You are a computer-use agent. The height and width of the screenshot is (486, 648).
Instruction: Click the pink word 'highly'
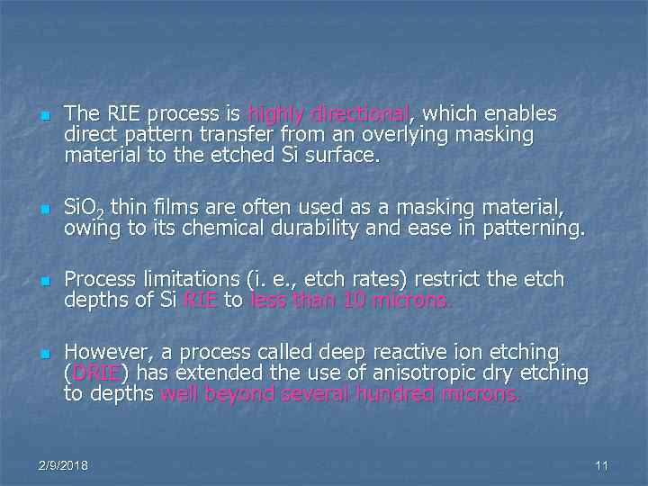coord(275,114)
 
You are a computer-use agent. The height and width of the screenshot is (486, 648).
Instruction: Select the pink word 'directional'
coord(359,114)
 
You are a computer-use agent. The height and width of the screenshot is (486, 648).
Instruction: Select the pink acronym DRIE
coord(94,373)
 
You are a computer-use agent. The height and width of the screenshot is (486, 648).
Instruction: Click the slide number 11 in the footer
coord(602,465)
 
